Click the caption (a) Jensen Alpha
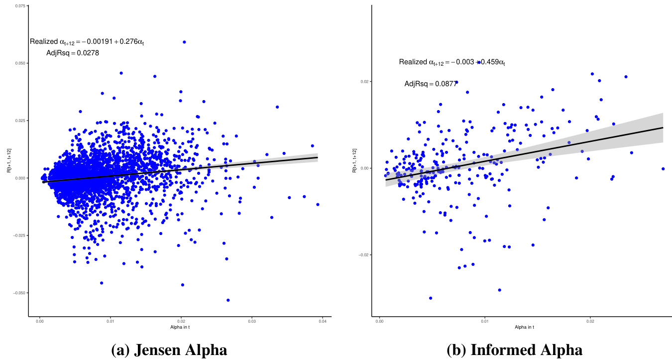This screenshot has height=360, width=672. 169,349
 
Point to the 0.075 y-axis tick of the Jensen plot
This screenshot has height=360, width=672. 20,6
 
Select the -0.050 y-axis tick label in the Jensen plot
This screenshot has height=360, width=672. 19,293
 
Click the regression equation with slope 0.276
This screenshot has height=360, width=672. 87,42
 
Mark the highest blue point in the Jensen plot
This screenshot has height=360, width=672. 184,42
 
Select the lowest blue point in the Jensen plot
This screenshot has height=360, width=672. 228,300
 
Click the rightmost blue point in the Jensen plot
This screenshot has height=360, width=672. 318,204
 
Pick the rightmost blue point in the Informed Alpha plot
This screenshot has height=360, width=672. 663,169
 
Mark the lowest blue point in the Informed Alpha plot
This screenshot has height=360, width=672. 431,298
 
